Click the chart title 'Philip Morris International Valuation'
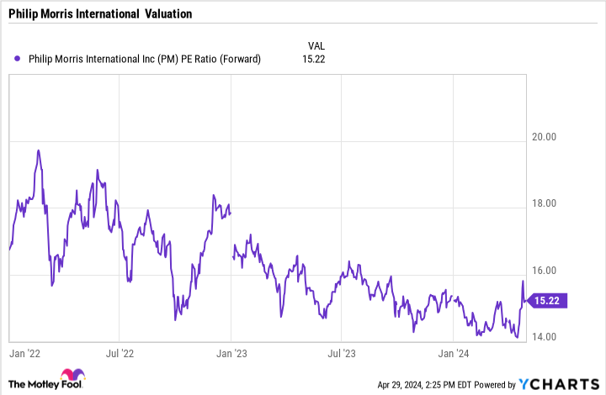tap(100, 14)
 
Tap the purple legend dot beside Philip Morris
tap(18, 59)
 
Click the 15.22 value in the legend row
tap(316, 59)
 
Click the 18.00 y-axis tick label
tap(552, 203)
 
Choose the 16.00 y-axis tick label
tap(552, 271)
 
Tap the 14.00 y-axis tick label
tap(552, 337)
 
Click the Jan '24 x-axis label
tap(454, 354)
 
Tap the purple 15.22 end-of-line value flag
tap(552, 300)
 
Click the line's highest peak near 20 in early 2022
tap(39, 150)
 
